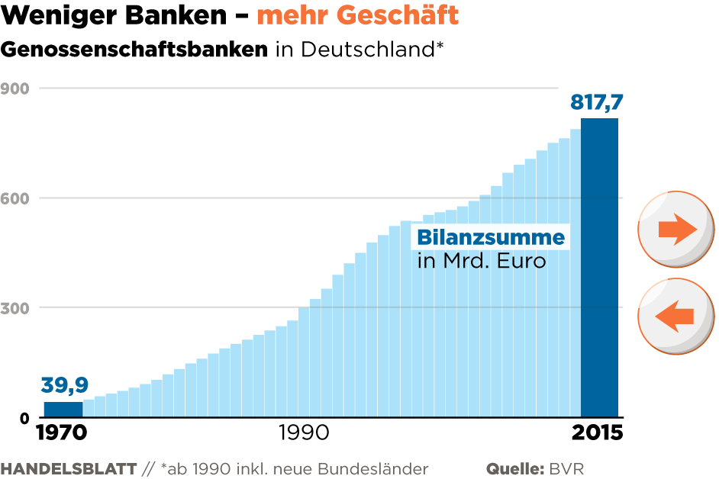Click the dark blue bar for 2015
(x=599, y=267)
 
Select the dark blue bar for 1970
(x=63, y=410)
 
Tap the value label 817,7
(x=595, y=101)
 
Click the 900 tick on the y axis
(x=16, y=88)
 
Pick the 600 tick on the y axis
(x=16, y=198)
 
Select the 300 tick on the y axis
(x=16, y=308)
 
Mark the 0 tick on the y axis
(x=25, y=418)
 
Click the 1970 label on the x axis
(x=63, y=432)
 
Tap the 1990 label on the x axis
(x=303, y=432)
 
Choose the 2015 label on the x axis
(x=598, y=432)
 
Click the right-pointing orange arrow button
(x=676, y=229)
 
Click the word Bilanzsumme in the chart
(x=491, y=236)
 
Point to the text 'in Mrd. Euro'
(x=482, y=261)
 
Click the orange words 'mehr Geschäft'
(x=358, y=15)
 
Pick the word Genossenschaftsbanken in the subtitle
(x=134, y=50)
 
